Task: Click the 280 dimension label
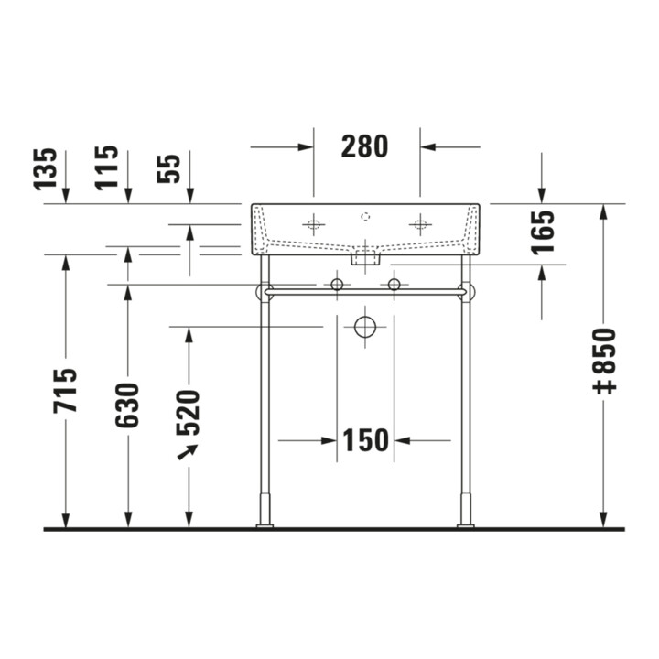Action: pyautogui.click(x=364, y=146)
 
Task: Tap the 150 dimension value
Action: pyautogui.click(x=365, y=440)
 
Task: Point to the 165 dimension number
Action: pyautogui.click(x=543, y=232)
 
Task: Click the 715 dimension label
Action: pyautogui.click(x=65, y=391)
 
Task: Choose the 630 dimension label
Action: pyautogui.click(x=127, y=405)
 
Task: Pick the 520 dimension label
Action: pyautogui.click(x=188, y=413)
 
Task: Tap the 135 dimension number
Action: pyautogui.click(x=45, y=169)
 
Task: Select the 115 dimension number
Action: pyautogui.click(x=107, y=167)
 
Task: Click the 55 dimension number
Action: pyautogui.click(x=168, y=168)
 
